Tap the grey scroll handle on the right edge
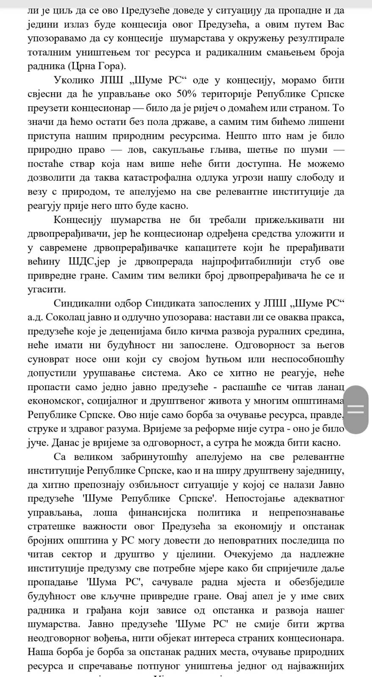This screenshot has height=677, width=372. (356, 409)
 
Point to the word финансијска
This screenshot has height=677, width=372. (158, 513)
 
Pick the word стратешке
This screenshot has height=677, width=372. (53, 527)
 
